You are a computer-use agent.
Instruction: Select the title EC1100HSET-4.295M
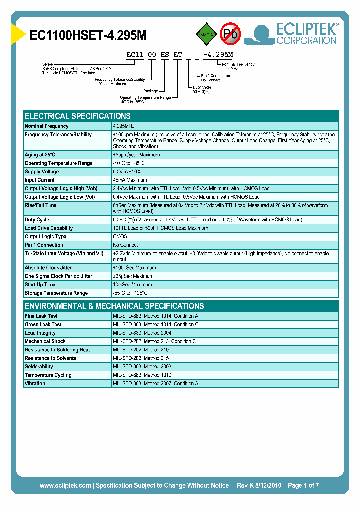click(88, 35)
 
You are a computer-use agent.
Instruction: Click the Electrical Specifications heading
click(77, 116)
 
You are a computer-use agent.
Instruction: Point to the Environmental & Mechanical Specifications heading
click(114, 306)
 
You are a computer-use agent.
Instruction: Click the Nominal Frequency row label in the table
click(46, 126)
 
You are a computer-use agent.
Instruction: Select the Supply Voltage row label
click(42, 172)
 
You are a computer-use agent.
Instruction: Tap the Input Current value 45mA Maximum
click(130, 180)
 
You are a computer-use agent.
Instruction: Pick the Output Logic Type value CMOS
click(120, 237)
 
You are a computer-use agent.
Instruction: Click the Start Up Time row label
click(40, 285)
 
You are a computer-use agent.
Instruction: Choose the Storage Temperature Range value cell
click(130, 293)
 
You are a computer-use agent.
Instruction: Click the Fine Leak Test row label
click(41, 316)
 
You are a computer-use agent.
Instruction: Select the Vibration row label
click(35, 384)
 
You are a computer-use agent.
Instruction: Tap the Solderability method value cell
click(143, 367)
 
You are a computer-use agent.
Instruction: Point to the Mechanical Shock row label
click(45, 341)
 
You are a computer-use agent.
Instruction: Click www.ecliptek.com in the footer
click(65, 485)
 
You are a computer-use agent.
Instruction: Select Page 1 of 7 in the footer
click(303, 485)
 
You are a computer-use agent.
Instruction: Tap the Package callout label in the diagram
click(150, 91)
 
